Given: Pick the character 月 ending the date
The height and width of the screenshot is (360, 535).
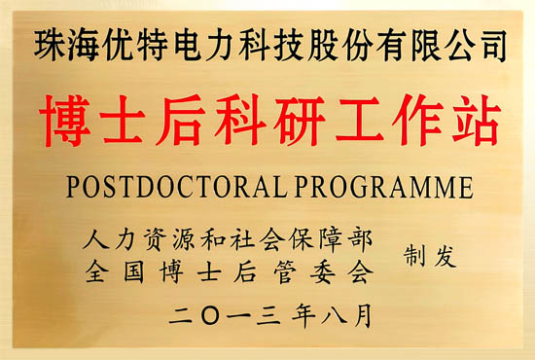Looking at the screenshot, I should pyautogui.click(x=359, y=315).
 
